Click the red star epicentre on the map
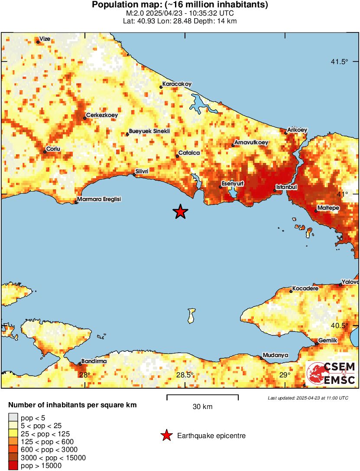[180, 212]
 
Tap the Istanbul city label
[286, 187]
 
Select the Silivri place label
[142, 172]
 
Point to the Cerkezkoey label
[102, 115]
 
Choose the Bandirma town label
[94, 361]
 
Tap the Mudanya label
[276, 355]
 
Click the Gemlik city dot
[317, 344]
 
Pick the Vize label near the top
[45, 39]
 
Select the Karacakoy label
[177, 84]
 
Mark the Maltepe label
[328, 208]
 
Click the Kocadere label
[305, 288]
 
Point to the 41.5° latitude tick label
[339, 62]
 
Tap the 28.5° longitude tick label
[185, 375]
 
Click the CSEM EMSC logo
[331, 374]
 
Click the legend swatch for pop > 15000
[13, 466]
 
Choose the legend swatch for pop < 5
[13, 418]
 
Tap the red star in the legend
[166, 436]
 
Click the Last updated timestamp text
[308, 398]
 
